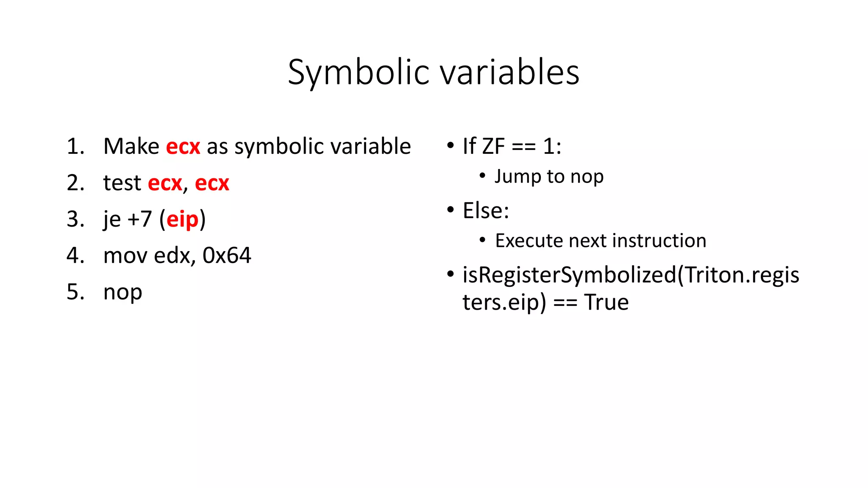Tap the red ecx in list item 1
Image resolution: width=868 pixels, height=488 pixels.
pos(183,147)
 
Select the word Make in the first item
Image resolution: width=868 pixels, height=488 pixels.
pos(131,147)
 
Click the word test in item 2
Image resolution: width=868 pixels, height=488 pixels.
pos(122,183)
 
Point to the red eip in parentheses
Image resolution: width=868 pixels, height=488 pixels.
pos(182,219)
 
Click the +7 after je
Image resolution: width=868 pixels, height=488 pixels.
pos(139,219)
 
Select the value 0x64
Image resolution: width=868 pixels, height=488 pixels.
pos(227,255)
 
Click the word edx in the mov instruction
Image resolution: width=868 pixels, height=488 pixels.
pos(172,255)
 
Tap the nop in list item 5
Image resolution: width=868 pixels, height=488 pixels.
pos(122,292)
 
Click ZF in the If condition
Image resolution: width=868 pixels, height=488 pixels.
pos(493,147)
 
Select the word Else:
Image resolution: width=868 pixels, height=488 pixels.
pos(486,211)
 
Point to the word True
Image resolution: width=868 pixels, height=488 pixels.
pos(606,302)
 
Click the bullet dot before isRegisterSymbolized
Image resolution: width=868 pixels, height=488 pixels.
pos(451,274)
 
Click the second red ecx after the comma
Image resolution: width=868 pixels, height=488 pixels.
pos(212,183)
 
